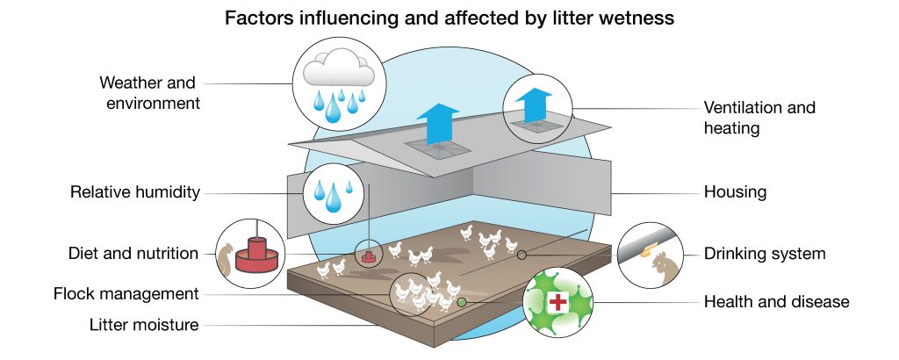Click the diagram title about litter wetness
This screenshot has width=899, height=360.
[449, 18]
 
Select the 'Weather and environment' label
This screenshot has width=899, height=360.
[147, 93]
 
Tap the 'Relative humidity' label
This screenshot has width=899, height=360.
[135, 191]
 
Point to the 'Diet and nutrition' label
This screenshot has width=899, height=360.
[133, 254]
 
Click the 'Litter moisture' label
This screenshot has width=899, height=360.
[144, 325]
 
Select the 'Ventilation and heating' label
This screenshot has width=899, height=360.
[759, 118]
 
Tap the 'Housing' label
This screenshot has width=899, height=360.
[735, 191]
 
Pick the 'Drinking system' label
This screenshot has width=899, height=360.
[765, 254]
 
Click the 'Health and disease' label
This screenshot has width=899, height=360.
[776, 302]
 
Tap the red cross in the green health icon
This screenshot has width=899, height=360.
[557, 302]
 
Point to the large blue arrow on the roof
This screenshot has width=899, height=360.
[437, 122]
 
